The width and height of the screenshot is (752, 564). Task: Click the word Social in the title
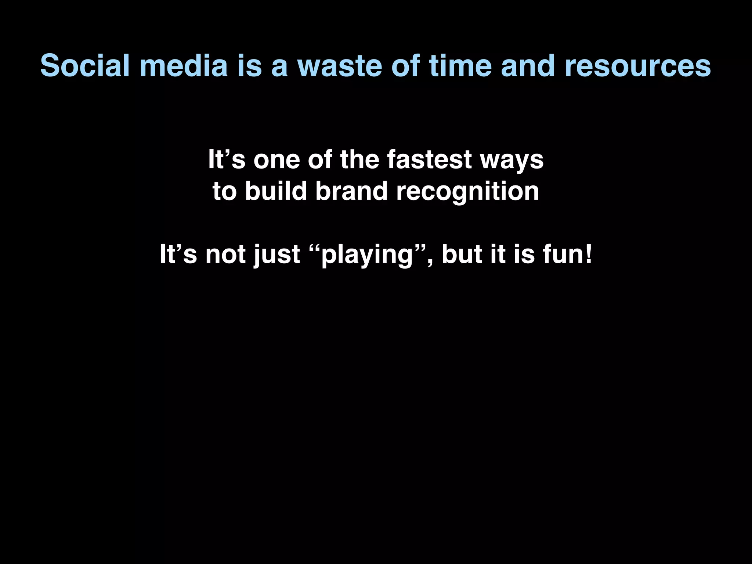coord(85,66)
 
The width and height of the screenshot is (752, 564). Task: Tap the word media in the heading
coord(184,66)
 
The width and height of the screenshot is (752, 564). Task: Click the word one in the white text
coord(276,160)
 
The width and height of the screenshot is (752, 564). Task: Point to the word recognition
coord(467,192)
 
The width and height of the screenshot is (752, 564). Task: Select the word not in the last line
coord(225,254)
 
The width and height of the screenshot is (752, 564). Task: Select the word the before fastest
coord(359,160)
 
